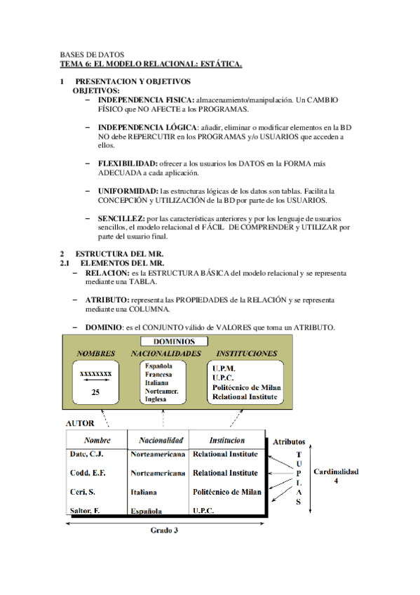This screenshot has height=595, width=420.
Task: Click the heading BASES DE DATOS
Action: [x=92, y=55]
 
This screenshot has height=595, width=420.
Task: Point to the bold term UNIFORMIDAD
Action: [x=128, y=191]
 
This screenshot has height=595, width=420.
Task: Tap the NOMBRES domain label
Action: [x=96, y=353]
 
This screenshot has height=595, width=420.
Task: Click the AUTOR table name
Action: [x=80, y=424]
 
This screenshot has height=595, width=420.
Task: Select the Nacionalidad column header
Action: [x=161, y=441]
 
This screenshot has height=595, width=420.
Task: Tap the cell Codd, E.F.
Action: [x=88, y=473]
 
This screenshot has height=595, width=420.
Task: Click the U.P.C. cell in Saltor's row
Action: [x=205, y=512]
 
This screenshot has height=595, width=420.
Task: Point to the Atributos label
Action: [x=287, y=442]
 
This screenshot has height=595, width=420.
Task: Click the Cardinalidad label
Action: [x=334, y=472]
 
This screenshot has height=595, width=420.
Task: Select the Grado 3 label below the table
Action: [x=165, y=530]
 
